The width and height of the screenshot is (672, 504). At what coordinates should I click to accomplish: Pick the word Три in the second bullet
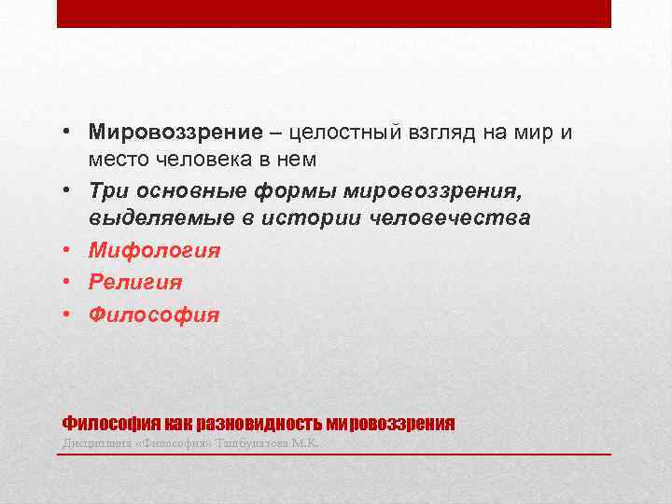coord(106,191)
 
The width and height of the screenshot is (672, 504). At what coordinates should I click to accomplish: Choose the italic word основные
coord(183,191)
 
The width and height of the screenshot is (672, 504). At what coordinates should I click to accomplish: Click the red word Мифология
coord(155,250)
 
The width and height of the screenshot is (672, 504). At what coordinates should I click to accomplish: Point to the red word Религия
coord(136,282)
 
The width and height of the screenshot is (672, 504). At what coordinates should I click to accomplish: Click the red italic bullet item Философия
coord(155,315)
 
